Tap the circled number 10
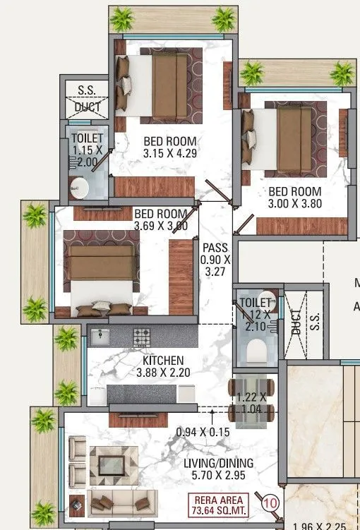coord(269,503)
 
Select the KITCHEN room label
coord(162,359)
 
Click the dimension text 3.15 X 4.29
coord(169,152)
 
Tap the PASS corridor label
coord(215,248)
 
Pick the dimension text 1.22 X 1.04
coord(252,402)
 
